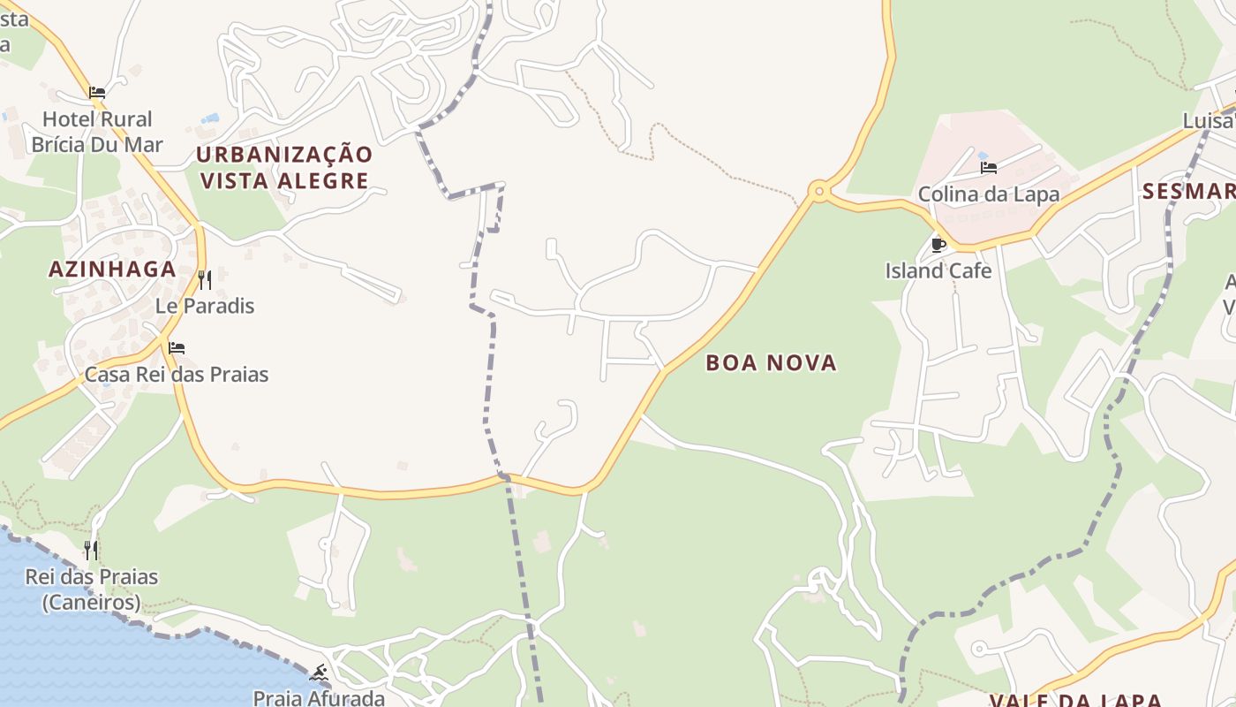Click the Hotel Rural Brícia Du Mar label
coord(97,131)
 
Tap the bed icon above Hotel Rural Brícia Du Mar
coord(97,92)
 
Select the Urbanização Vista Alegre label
coord(284,167)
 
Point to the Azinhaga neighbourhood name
coord(112,270)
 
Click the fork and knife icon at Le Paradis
coord(205,280)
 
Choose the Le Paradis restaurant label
coord(205,306)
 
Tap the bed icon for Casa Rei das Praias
coord(177,348)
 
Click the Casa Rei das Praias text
coord(177,374)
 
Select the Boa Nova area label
coord(772,362)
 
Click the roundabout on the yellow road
coord(819,190)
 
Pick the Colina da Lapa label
coord(989,194)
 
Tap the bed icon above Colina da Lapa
coord(989,167)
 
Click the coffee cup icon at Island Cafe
coord(938,245)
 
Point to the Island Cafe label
coord(938,270)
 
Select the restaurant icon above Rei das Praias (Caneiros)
coord(91,551)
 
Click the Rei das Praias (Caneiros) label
coord(92,589)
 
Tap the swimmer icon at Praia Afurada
coord(320,673)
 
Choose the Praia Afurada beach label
coord(319,698)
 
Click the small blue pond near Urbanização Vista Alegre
coord(210,118)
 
